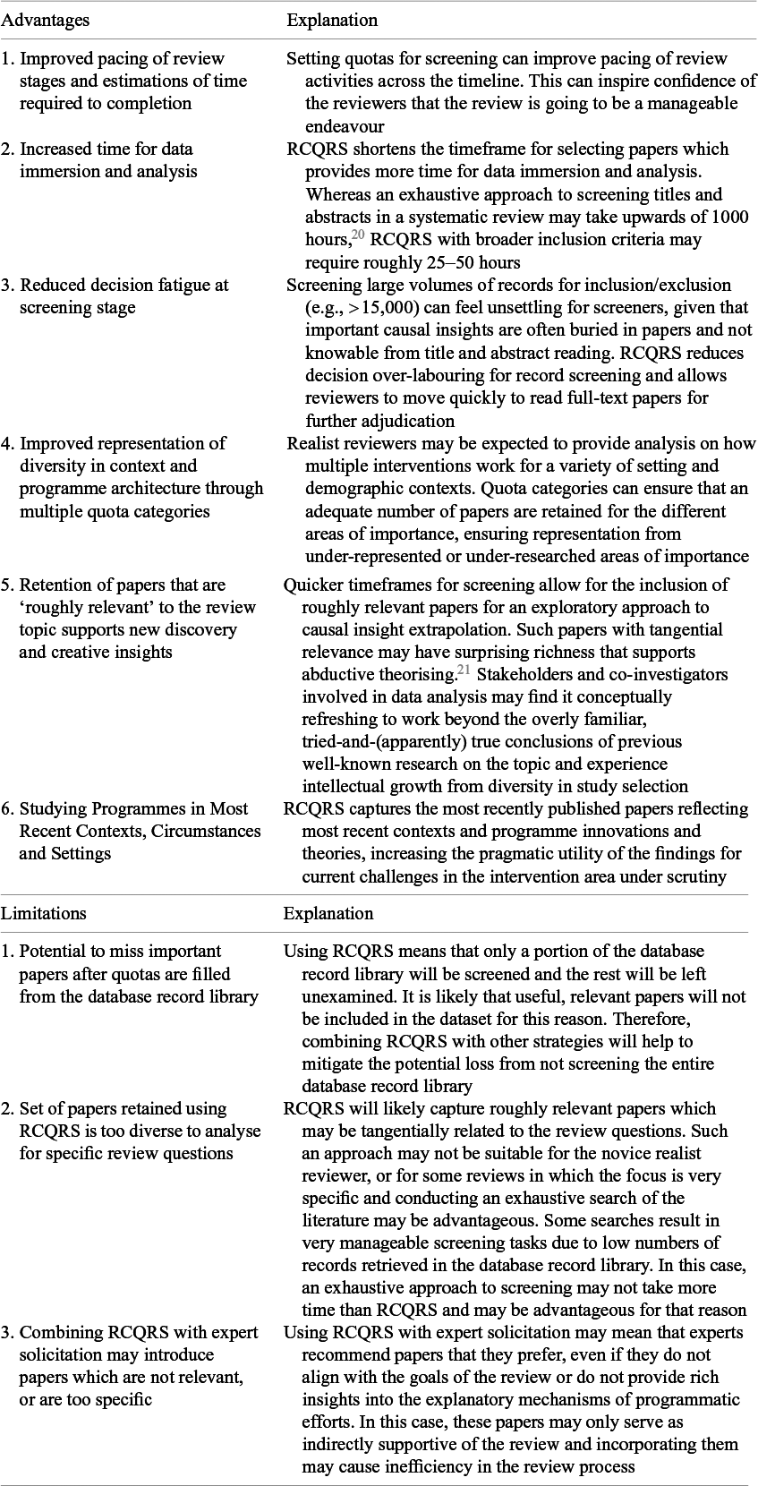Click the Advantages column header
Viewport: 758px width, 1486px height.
[x=45, y=20]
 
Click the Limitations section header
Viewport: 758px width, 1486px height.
[x=44, y=913]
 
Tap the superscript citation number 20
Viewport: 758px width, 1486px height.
[x=358, y=235]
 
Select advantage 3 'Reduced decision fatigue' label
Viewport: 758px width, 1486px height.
[x=123, y=286]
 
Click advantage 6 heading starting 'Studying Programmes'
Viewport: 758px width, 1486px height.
[x=134, y=808]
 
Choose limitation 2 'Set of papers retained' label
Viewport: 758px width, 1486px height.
[x=123, y=1109]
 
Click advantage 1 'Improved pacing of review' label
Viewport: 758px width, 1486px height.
[x=122, y=59]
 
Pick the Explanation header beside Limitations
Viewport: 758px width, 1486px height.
[x=328, y=913]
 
